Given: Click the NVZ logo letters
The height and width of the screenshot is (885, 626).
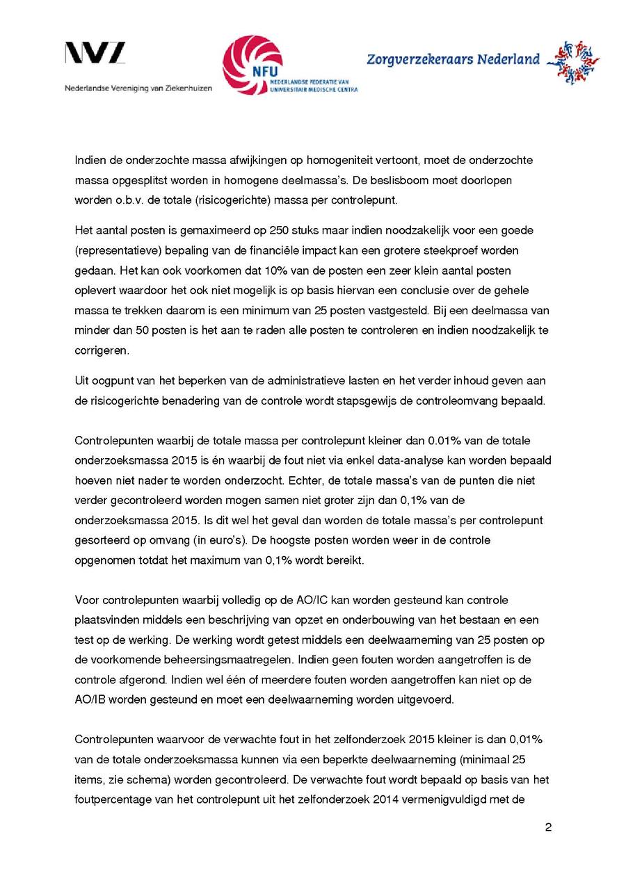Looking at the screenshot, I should (95, 54).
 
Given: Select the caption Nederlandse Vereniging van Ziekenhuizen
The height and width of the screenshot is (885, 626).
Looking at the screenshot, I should (138, 88).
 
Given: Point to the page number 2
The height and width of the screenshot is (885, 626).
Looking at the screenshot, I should (548, 827).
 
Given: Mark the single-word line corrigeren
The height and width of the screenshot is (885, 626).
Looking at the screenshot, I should (102, 350).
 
